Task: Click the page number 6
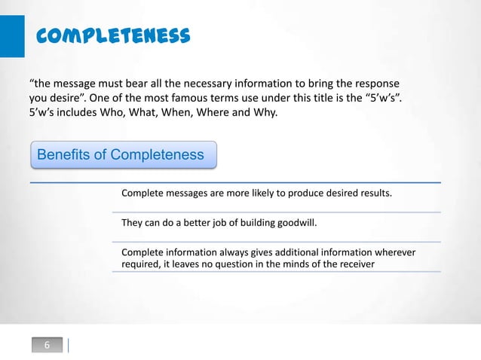[47, 346]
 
